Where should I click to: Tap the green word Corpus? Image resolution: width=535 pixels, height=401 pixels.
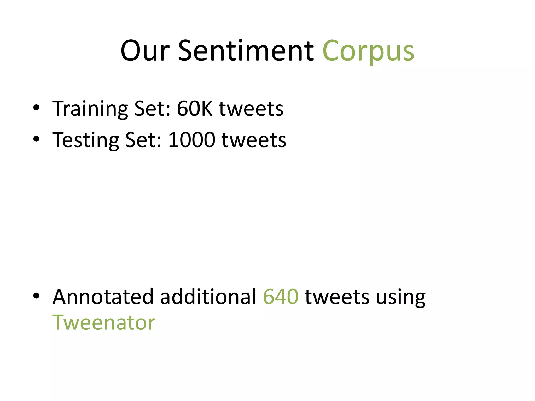(368, 51)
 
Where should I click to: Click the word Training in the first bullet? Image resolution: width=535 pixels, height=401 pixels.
(90, 109)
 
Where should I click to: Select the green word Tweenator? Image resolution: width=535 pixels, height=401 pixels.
(104, 323)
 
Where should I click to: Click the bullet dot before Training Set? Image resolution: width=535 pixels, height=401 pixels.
(36, 108)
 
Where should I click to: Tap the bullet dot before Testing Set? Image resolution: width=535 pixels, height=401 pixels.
(36, 139)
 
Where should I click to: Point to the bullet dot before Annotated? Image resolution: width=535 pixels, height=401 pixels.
(36, 296)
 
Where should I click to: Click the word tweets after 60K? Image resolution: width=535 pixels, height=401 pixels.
(251, 109)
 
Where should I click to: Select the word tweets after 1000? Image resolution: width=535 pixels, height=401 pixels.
(254, 140)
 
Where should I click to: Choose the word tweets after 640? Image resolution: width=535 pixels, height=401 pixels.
(337, 297)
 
